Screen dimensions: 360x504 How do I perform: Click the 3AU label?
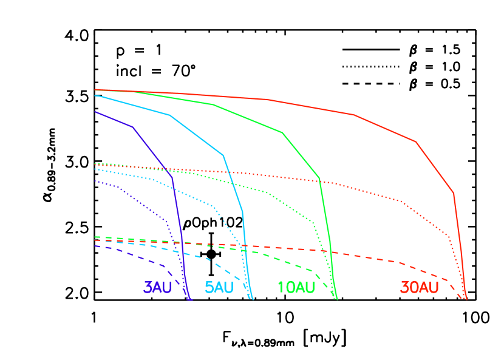click(x=157, y=288)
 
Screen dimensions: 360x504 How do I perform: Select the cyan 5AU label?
click(x=219, y=288)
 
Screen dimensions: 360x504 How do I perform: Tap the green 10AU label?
click(x=296, y=288)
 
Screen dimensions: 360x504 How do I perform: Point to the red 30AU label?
click(x=419, y=288)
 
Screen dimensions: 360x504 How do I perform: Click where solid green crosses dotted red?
click(x=319, y=180)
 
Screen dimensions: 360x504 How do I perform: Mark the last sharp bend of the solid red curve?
click(x=454, y=193)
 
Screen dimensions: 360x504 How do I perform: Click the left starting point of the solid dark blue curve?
click(x=95, y=112)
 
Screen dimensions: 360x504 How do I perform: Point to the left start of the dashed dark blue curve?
click(x=95, y=245)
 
